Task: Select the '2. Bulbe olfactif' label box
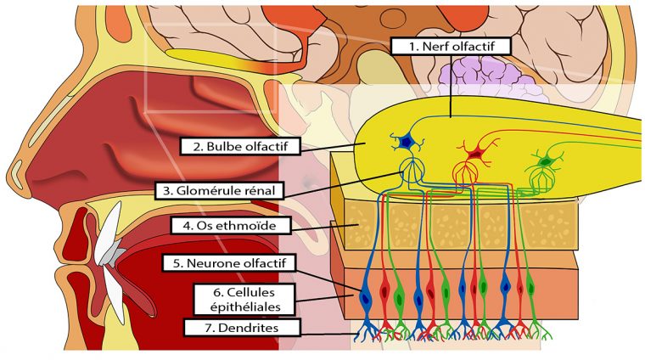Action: coord(241,146)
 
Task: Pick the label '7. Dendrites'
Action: coord(230,327)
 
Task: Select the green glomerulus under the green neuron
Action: coord(541,181)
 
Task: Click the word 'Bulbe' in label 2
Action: coord(222,146)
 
